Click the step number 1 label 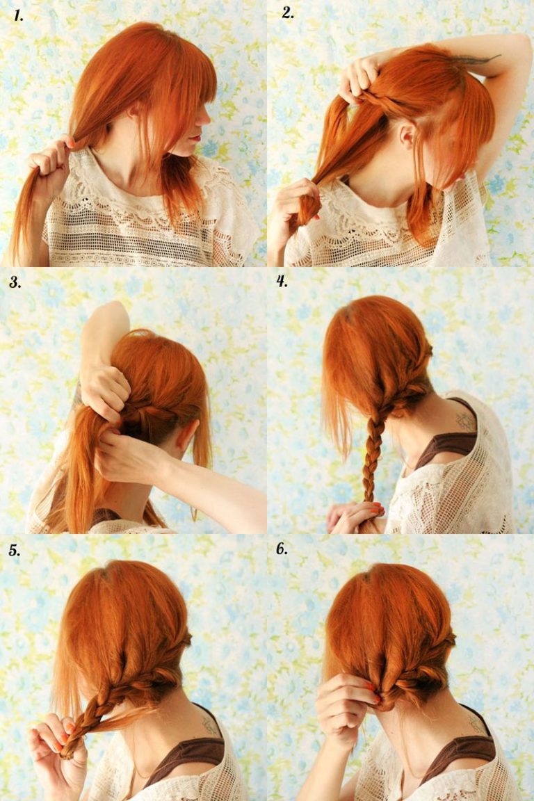click(x=18, y=16)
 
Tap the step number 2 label click(x=287, y=13)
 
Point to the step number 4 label click(x=282, y=281)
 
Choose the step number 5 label click(x=15, y=550)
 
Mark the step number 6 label click(x=282, y=549)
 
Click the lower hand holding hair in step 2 click(x=292, y=202)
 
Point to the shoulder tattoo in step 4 click(x=464, y=421)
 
